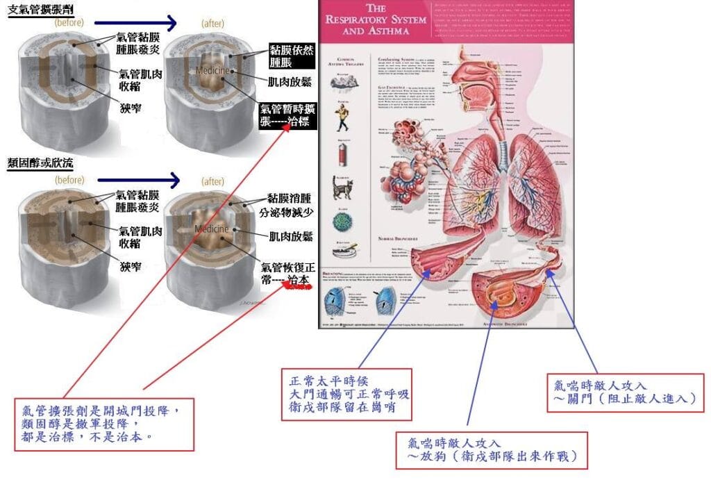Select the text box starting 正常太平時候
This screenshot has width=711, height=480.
click(x=349, y=395)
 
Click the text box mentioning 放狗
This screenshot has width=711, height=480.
click(x=492, y=450)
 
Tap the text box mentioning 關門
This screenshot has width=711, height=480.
click(x=624, y=391)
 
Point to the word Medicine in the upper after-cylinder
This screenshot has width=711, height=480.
click(x=210, y=72)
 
